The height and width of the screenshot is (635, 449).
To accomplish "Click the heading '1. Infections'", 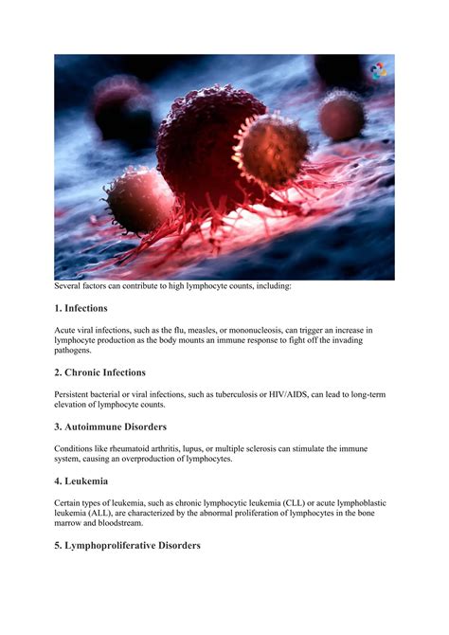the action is point(81,308).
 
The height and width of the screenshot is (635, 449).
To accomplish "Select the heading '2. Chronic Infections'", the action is point(99,372).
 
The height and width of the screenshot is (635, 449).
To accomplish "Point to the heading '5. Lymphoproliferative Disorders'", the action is point(127,545).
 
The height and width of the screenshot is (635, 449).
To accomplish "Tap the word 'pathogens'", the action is point(75,351).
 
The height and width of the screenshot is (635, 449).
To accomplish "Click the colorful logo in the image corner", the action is point(378,70).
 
